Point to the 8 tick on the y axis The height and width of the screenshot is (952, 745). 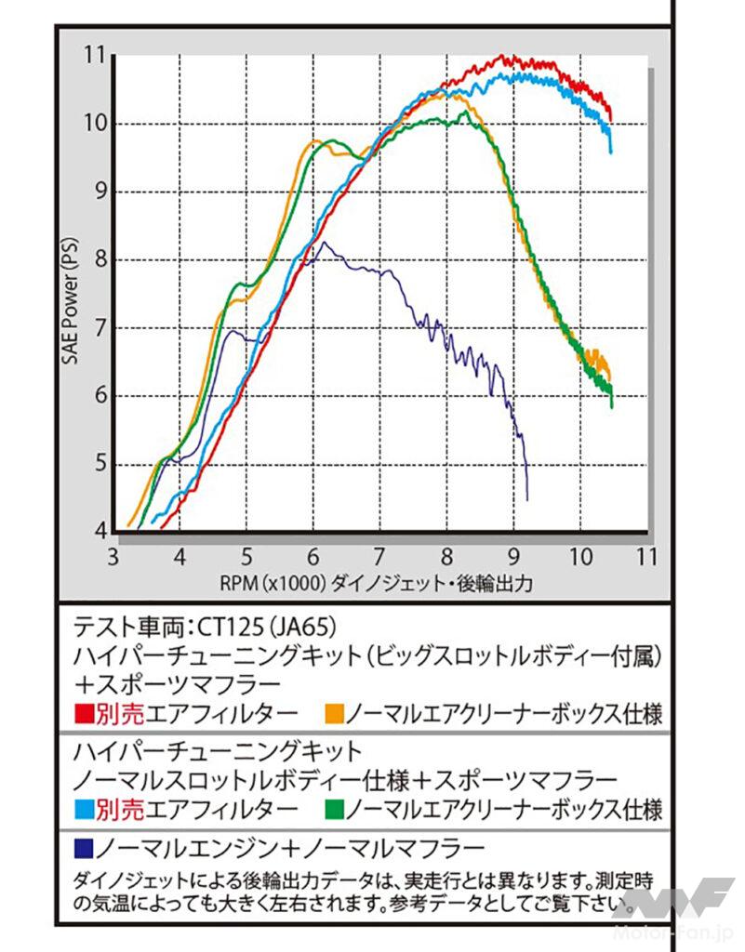pyautogui.click(x=98, y=259)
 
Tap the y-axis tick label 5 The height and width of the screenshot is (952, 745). pyautogui.click(x=98, y=464)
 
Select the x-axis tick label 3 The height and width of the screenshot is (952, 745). pyautogui.click(x=113, y=558)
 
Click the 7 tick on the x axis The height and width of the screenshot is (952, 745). pyautogui.click(x=379, y=558)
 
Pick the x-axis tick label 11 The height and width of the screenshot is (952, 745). pyautogui.click(x=646, y=558)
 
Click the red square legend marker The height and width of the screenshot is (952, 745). pyautogui.click(x=81, y=714)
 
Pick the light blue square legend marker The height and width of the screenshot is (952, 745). pyautogui.click(x=81, y=808)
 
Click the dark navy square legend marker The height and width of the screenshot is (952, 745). pyautogui.click(x=81, y=848)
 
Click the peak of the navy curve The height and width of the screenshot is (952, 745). pyautogui.click(x=323, y=243)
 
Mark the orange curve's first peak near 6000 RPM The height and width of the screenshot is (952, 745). pyautogui.click(x=314, y=140)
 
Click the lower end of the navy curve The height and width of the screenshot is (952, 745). pyautogui.click(x=527, y=499)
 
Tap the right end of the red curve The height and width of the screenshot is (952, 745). pyautogui.click(x=610, y=119)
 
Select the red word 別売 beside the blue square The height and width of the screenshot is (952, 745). pyautogui.click(x=120, y=808)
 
